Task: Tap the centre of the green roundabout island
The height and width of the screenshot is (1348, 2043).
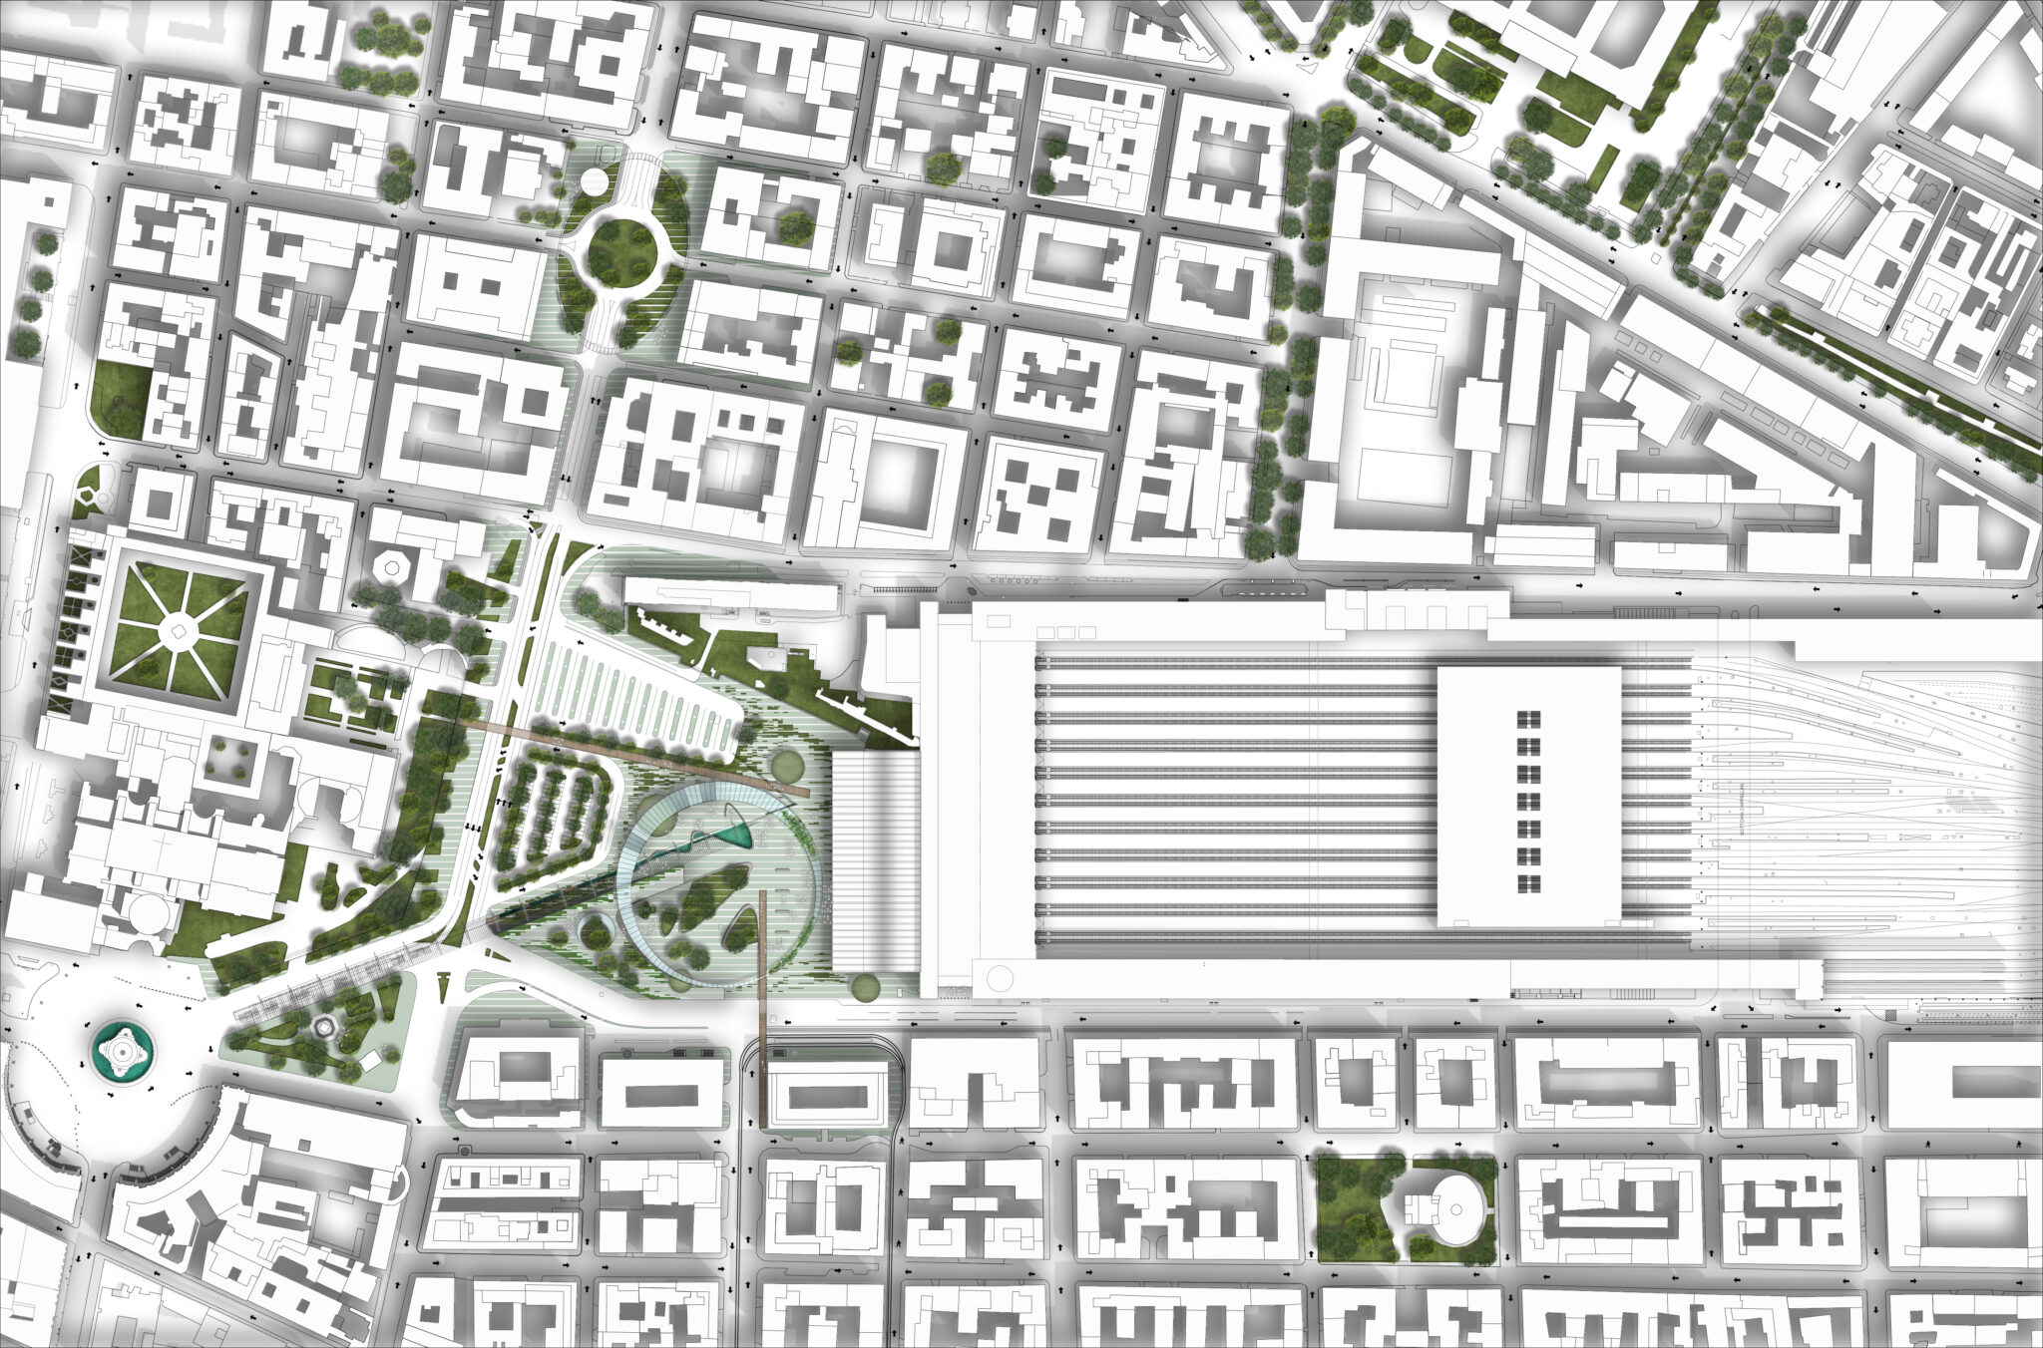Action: (621, 252)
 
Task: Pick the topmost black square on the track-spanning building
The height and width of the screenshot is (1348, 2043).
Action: (1529, 720)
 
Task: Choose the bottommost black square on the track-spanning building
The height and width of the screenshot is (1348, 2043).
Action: (1529, 883)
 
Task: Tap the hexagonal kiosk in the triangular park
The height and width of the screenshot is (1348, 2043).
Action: (322, 1027)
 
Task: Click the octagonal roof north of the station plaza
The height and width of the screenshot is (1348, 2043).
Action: (391, 566)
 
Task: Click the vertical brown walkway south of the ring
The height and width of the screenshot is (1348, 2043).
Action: (763, 1007)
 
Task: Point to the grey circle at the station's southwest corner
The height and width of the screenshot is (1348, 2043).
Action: (864, 987)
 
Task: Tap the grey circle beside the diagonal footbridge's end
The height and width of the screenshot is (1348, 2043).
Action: (785, 766)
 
